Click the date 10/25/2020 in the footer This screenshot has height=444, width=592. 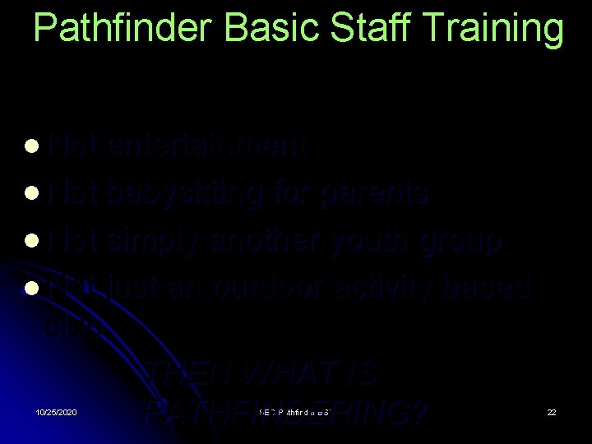tap(57, 411)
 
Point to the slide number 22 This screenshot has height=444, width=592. tap(552, 411)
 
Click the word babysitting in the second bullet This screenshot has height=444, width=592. tap(185, 193)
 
